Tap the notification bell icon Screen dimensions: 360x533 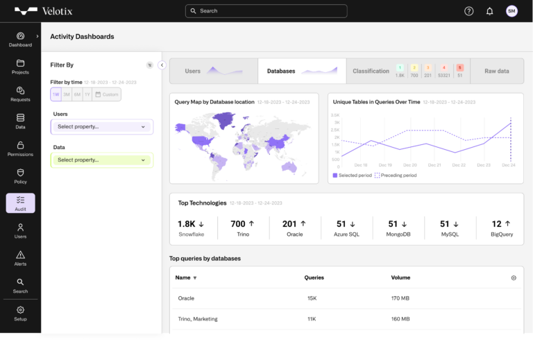point(490,11)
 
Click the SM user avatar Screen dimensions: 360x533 point(511,11)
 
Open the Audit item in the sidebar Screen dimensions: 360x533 point(20,203)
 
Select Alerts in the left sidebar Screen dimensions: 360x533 point(20,258)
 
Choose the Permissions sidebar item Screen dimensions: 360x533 point(20,148)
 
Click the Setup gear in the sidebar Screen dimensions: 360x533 point(20,313)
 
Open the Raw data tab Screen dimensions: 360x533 point(496,71)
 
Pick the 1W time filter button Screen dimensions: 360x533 point(56,94)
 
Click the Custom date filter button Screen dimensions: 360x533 point(107,94)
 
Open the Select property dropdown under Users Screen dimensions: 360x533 point(101,127)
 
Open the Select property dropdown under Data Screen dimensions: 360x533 point(101,160)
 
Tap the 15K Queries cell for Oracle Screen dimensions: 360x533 point(312,298)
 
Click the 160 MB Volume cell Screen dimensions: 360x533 point(400,319)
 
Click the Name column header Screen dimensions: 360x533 point(183,277)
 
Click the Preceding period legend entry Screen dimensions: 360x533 point(396,175)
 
